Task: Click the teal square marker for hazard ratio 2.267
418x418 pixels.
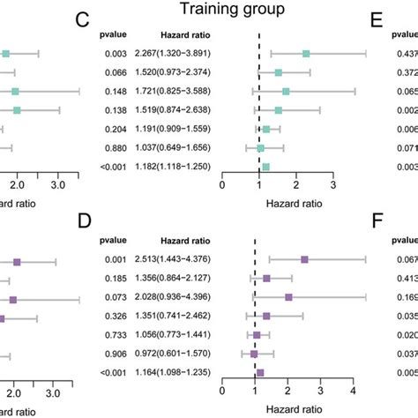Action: (x=306, y=54)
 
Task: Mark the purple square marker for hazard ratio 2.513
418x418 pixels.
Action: (x=305, y=259)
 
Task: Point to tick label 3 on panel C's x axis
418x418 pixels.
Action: (x=332, y=185)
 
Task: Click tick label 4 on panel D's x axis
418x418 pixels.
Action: (x=353, y=392)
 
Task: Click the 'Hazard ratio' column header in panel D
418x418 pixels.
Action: (x=184, y=239)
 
